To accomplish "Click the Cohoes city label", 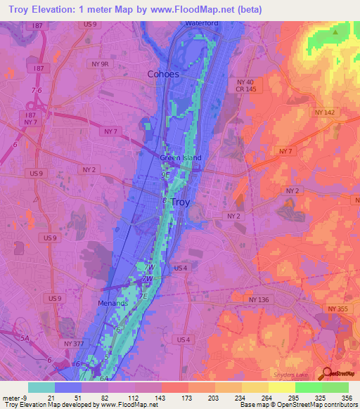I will tap(163, 74).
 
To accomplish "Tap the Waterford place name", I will tap(202, 23).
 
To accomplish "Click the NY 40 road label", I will tap(236, 82).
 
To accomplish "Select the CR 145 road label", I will tap(237, 90).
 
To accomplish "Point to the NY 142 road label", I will tap(324, 112).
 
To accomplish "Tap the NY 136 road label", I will tap(259, 299).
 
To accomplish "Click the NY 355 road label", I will tap(337, 309).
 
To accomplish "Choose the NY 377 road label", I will tap(73, 343).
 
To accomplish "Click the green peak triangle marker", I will tap(335, 32).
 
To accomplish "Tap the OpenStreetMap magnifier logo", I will tap(326, 375).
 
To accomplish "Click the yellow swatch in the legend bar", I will tap(282, 387).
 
